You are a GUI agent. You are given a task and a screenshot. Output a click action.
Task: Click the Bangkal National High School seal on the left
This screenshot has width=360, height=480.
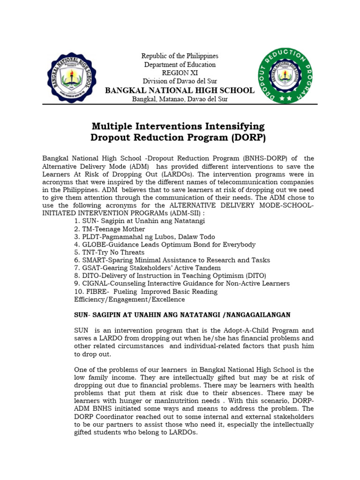point(72,76)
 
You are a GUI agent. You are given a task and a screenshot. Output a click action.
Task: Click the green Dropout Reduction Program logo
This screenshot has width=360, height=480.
point(285,76)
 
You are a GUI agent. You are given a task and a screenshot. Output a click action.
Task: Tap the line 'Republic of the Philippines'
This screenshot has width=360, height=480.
point(180,56)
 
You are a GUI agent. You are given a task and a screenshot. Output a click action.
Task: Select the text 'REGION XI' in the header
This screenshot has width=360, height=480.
point(180,73)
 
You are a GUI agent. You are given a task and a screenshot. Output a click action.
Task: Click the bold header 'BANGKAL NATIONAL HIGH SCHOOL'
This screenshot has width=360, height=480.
point(180,90)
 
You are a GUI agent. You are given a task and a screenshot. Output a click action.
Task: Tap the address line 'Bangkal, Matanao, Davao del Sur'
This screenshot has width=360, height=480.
point(180,99)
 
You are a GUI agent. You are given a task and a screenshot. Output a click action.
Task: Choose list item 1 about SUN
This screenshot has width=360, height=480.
point(139,220)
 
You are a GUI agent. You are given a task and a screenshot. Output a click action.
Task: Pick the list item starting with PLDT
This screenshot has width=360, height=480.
point(141,237)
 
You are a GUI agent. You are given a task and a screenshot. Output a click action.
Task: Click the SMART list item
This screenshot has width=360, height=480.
point(172,260)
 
